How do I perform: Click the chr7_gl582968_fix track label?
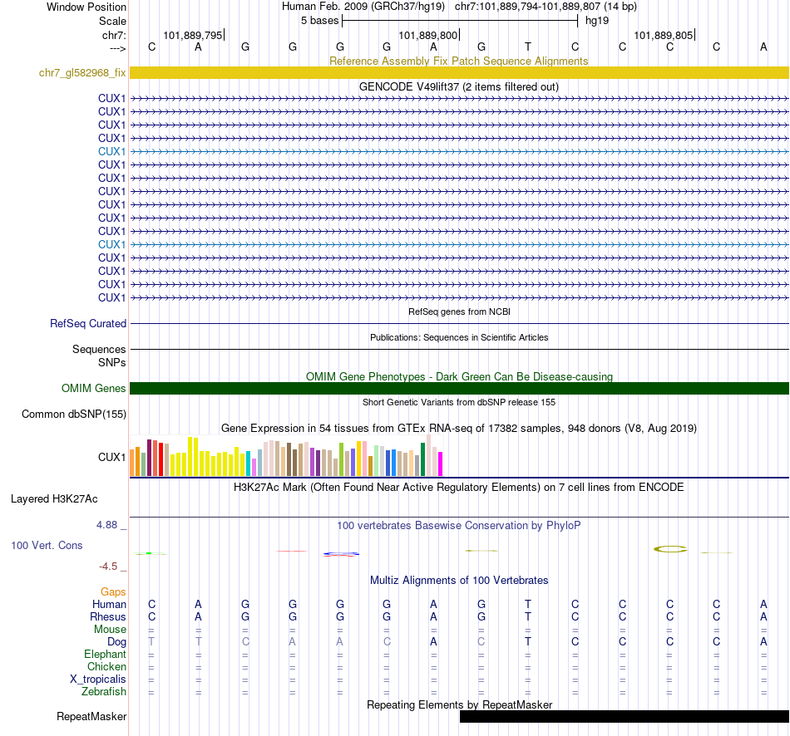click(82, 73)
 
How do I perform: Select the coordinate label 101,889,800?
click(428, 36)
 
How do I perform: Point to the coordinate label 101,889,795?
click(193, 36)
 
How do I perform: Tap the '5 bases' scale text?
click(319, 20)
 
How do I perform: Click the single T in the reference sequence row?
click(528, 47)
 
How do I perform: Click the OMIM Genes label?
click(94, 389)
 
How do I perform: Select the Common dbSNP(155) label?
click(74, 414)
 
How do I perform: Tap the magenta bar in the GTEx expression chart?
click(440, 464)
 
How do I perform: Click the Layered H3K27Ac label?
click(54, 499)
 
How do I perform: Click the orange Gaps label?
click(114, 592)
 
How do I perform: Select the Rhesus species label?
click(108, 617)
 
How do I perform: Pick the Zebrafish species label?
click(104, 692)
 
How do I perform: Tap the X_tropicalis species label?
click(98, 680)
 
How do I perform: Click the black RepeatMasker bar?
click(624, 717)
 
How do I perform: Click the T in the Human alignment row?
click(528, 605)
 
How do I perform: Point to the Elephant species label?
click(106, 655)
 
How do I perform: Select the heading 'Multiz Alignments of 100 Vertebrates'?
click(459, 580)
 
